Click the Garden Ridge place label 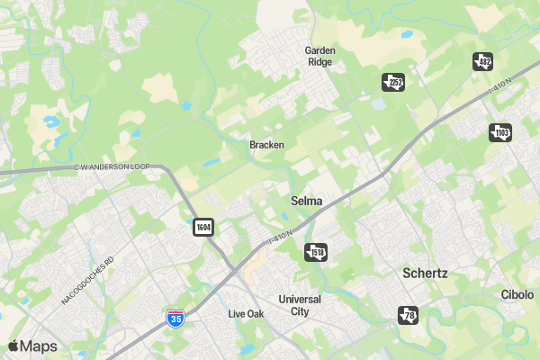point(319,57)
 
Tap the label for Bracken point(266,145)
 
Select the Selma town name point(307,201)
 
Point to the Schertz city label point(426,273)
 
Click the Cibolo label point(517,295)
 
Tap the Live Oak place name point(246,314)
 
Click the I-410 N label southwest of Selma point(281,236)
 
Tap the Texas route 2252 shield point(393,83)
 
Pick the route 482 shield point(483,61)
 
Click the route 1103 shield point(500,132)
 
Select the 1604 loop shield point(203,227)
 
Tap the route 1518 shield point(316,251)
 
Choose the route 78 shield point(409,315)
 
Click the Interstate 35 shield point(176,318)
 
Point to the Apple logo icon point(13,346)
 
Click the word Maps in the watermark point(39,346)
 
